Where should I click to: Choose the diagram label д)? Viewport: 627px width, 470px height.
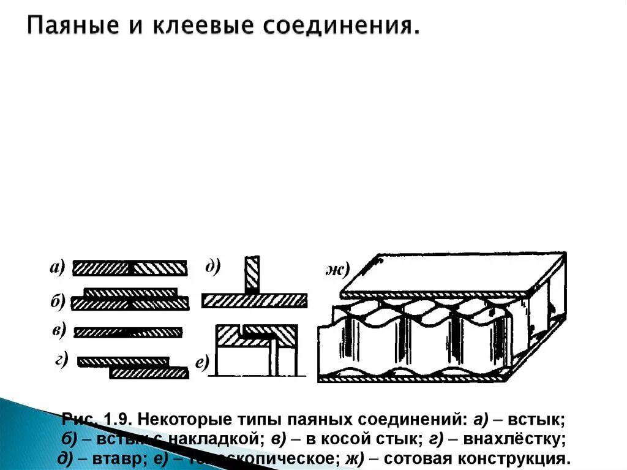tap(213, 266)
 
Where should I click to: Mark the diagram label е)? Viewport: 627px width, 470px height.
tap(203, 363)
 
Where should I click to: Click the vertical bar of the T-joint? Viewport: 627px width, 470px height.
tap(252, 274)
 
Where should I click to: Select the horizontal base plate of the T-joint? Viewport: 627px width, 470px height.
tap(254, 300)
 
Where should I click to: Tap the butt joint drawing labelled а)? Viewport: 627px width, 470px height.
tap(130, 268)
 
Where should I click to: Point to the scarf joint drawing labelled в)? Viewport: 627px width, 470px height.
tap(128, 332)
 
